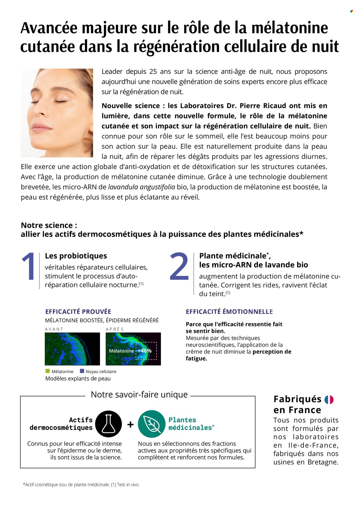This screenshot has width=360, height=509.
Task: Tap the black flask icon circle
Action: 109,424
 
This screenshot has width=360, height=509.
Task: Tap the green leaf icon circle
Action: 151,424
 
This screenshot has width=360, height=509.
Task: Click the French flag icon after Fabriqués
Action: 329,400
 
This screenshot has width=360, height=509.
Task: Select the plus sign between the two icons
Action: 130,424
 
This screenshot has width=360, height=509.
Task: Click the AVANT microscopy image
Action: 72,349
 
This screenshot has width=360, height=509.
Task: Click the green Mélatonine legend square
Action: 48,371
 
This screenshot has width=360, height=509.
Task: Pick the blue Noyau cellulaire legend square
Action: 82,371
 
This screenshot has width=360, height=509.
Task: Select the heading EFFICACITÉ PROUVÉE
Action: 78,312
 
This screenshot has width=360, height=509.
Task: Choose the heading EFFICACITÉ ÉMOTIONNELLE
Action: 229,312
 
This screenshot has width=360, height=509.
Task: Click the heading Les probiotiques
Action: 76,256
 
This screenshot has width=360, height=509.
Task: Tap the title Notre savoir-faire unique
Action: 139,394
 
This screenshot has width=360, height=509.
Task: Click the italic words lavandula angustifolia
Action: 141,187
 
